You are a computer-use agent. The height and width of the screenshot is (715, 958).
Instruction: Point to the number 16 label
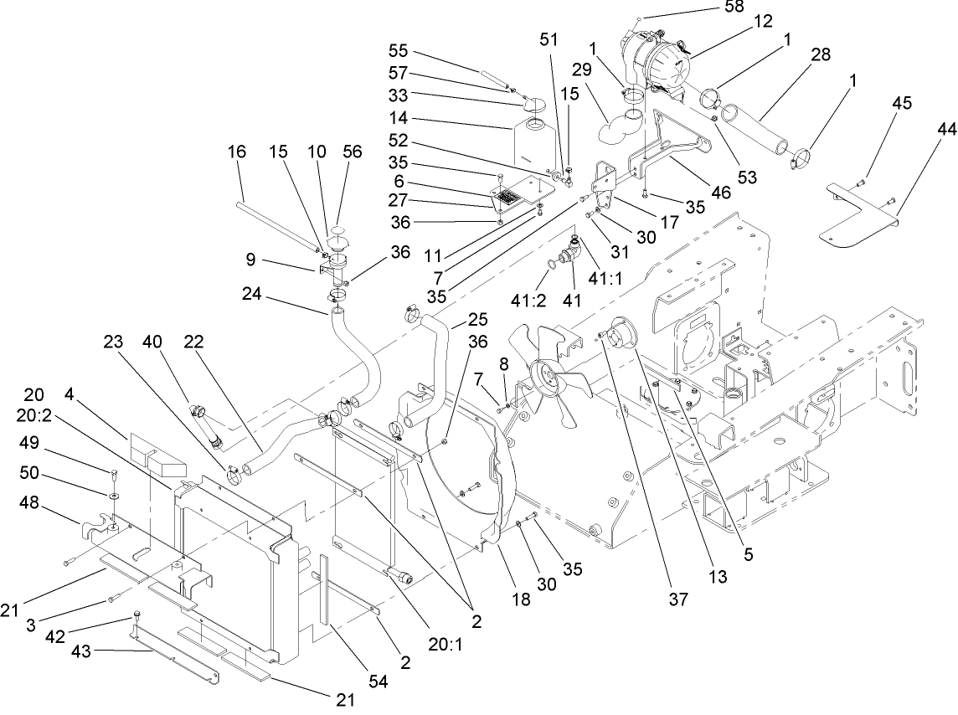click(237, 152)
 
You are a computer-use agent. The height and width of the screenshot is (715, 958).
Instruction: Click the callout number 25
click(478, 321)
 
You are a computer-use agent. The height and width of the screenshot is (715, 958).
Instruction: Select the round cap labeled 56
click(338, 231)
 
